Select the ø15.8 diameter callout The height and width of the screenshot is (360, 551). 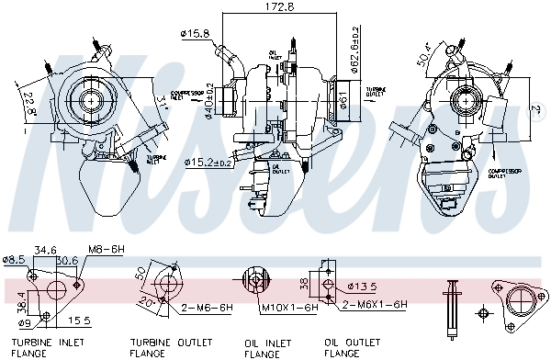(196, 34)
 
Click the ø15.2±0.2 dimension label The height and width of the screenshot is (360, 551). (210, 163)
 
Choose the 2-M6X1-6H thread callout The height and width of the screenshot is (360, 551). (374, 304)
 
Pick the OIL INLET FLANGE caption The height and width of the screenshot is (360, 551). (264, 345)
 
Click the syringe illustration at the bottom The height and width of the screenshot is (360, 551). (451, 305)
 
